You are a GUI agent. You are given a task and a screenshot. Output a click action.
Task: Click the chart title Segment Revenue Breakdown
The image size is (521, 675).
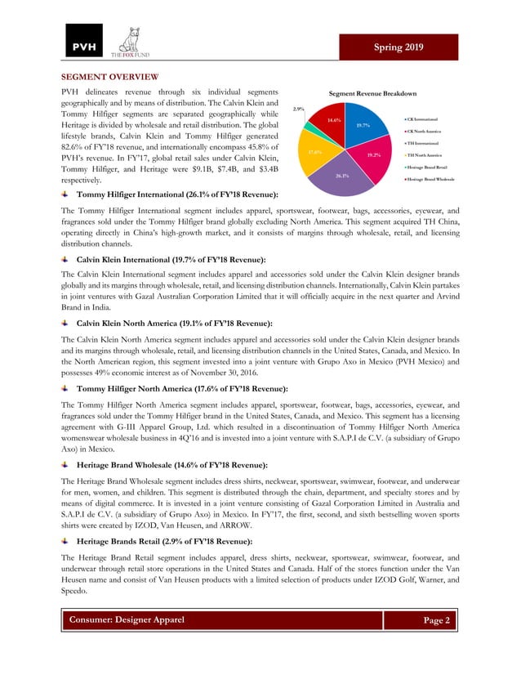(x=372, y=94)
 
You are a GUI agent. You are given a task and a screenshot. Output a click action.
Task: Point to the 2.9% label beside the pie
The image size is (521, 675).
(x=298, y=109)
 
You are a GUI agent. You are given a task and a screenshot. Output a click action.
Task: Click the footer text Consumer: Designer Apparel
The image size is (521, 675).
(x=126, y=620)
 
